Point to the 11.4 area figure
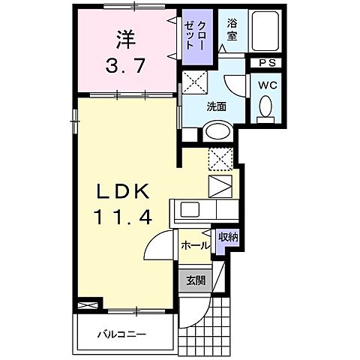coord(124,217)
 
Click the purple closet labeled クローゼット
coord(198,34)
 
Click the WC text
coord(267,85)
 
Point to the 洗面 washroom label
coord(217,106)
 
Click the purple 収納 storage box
coord(228,238)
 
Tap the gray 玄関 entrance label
coord(195,281)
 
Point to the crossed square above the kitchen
coord(221,158)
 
